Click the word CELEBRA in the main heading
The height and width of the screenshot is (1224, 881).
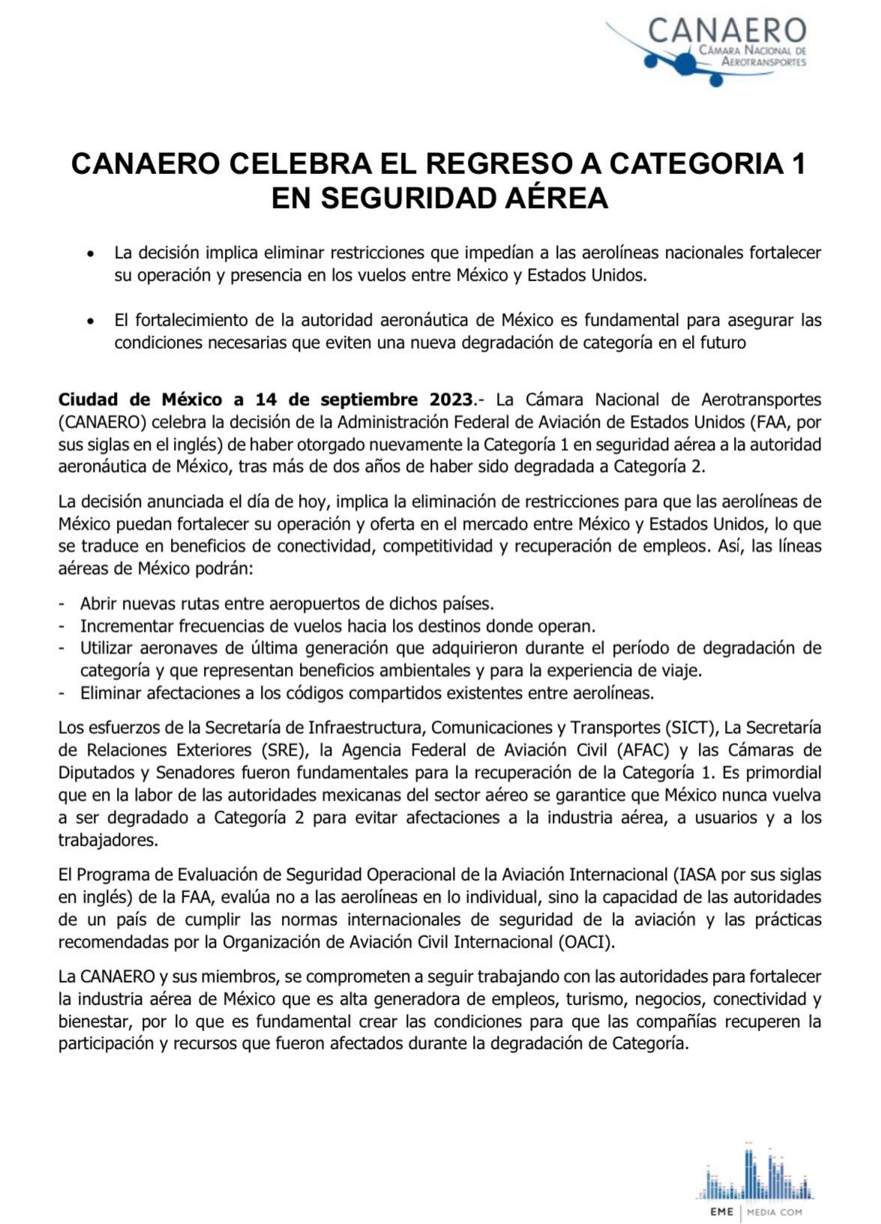point(286,164)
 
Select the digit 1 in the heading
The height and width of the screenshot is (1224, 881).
point(798,164)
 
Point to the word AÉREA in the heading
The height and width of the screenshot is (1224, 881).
point(555,199)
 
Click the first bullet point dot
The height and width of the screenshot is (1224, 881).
point(91,254)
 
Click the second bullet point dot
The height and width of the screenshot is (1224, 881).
point(91,322)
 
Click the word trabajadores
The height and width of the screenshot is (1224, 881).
point(108,840)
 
